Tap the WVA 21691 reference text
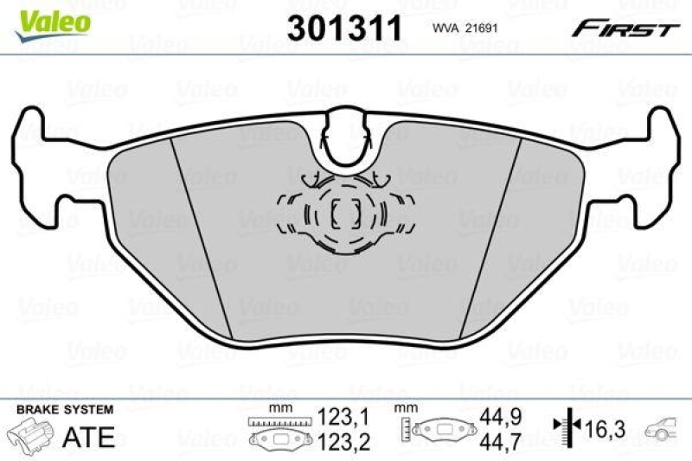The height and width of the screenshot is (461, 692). [x=463, y=29]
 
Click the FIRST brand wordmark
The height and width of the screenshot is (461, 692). [x=623, y=29]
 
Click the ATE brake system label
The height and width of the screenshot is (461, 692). [x=90, y=437]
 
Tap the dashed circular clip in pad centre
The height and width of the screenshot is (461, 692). [x=346, y=214]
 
